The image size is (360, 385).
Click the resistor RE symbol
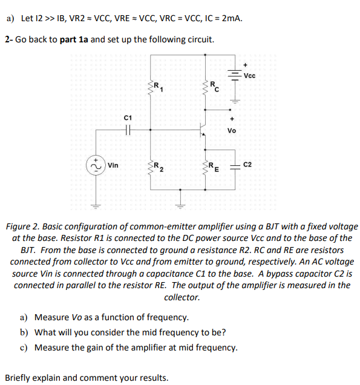206,165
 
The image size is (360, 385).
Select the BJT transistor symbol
202,129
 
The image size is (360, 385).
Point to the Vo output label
232,130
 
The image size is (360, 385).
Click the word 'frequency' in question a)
168,317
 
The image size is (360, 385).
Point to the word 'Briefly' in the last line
19,378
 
